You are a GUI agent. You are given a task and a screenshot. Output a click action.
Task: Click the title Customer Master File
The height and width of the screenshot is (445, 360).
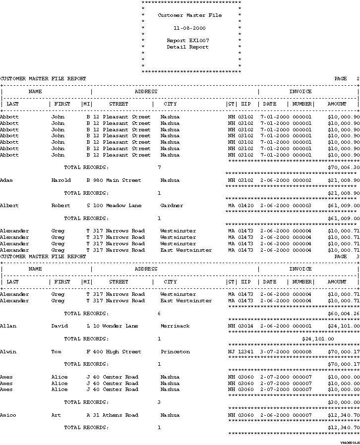(x=189, y=15)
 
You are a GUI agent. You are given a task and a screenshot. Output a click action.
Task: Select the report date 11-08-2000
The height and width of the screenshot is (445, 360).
(x=189, y=28)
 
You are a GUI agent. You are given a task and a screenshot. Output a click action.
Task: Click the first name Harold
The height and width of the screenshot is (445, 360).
(x=61, y=180)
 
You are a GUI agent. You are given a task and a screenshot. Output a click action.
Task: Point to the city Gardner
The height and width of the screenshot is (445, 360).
(x=172, y=206)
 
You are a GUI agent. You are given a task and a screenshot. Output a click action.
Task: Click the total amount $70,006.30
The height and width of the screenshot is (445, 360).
(x=344, y=167)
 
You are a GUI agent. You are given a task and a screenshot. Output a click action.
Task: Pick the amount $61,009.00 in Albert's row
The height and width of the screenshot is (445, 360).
(x=344, y=206)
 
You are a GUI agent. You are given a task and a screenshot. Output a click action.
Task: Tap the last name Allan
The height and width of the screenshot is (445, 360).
(x=8, y=326)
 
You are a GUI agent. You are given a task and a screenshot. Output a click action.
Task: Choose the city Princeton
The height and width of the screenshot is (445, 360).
(x=175, y=352)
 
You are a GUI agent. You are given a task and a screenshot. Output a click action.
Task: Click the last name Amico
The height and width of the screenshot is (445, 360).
(x=8, y=415)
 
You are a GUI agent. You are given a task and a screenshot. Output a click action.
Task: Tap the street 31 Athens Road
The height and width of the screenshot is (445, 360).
(x=116, y=415)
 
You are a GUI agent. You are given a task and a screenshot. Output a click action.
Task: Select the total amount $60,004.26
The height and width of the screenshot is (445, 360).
(x=344, y=314)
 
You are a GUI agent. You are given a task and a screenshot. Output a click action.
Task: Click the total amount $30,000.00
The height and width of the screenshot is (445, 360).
(x=344, y=402)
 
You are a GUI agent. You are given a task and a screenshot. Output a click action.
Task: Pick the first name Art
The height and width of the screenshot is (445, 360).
(x=56, y=415)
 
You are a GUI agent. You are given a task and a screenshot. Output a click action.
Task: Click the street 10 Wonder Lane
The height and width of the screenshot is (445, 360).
(x=116, y=326)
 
